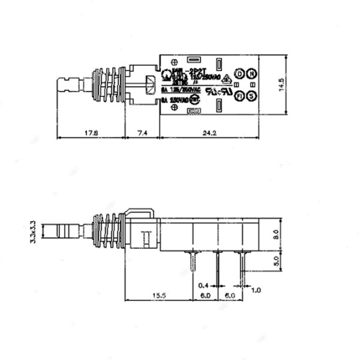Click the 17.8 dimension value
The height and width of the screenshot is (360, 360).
click(91, 131)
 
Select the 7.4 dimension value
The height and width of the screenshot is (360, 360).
click(142, 131)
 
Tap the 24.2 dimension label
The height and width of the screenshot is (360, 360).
click(209, 131)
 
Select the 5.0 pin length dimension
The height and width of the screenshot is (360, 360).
click(275, 262)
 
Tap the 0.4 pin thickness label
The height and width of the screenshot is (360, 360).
click(204, 286)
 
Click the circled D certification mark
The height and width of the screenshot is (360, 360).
click(239, 73)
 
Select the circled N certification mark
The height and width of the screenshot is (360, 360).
click(252, 73)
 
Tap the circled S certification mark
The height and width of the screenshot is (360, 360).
click(252, 96)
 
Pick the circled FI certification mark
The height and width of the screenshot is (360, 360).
click(239, 96)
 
